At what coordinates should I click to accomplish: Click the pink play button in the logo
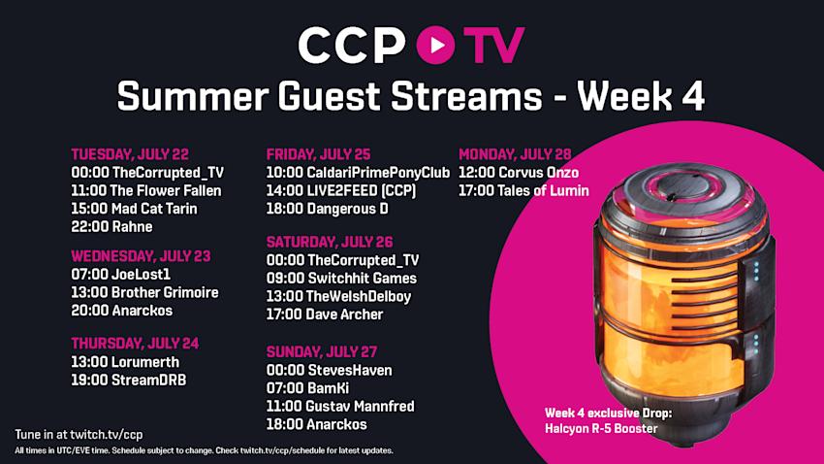point(435,45)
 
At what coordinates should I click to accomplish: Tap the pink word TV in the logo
point(493,46)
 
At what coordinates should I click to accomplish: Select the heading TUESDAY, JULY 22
point(130,154)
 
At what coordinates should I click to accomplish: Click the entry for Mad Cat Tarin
point(134,209)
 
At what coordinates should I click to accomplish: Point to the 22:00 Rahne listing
point(111,227)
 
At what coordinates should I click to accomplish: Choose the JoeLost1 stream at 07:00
point(121,274)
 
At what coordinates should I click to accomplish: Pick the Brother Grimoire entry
point(144,292)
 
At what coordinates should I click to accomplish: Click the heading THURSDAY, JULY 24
point(135,344)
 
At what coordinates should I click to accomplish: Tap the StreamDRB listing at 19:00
point(129,380)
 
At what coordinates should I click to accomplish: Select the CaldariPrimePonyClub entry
point(358,173)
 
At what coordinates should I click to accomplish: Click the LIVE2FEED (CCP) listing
point(341,190)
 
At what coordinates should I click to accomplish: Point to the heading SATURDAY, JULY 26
point(330,242)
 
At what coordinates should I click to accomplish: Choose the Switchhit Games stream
point(341,279)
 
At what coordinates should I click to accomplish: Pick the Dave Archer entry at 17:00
point(325,315)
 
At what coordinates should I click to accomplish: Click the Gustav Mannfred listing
point(340,406)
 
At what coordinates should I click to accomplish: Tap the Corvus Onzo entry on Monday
point(519,173)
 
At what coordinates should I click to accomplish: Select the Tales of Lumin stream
point(523,190)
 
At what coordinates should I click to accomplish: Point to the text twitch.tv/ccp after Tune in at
point(107,435)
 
